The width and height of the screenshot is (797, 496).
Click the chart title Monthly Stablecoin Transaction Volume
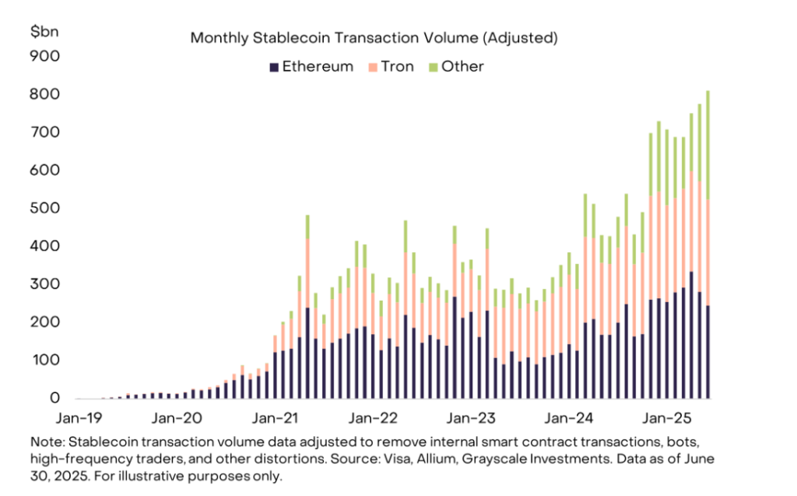(x=375, y=37)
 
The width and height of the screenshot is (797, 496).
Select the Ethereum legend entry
(x=311, y=67)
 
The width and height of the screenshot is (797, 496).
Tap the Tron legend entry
(x=392, y=67)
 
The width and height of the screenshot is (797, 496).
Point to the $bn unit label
(x=43, y=31)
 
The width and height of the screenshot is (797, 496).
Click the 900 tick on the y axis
(x=44, y=56)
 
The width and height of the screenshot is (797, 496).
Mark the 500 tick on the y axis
(x=44, y=208)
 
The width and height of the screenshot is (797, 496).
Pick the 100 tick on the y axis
(x=44, y=361)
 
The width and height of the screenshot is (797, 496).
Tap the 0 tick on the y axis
(x=54, y=399)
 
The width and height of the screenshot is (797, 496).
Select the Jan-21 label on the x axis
(x=276, y=418)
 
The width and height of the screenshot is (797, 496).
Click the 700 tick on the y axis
(x=44, y=132)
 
